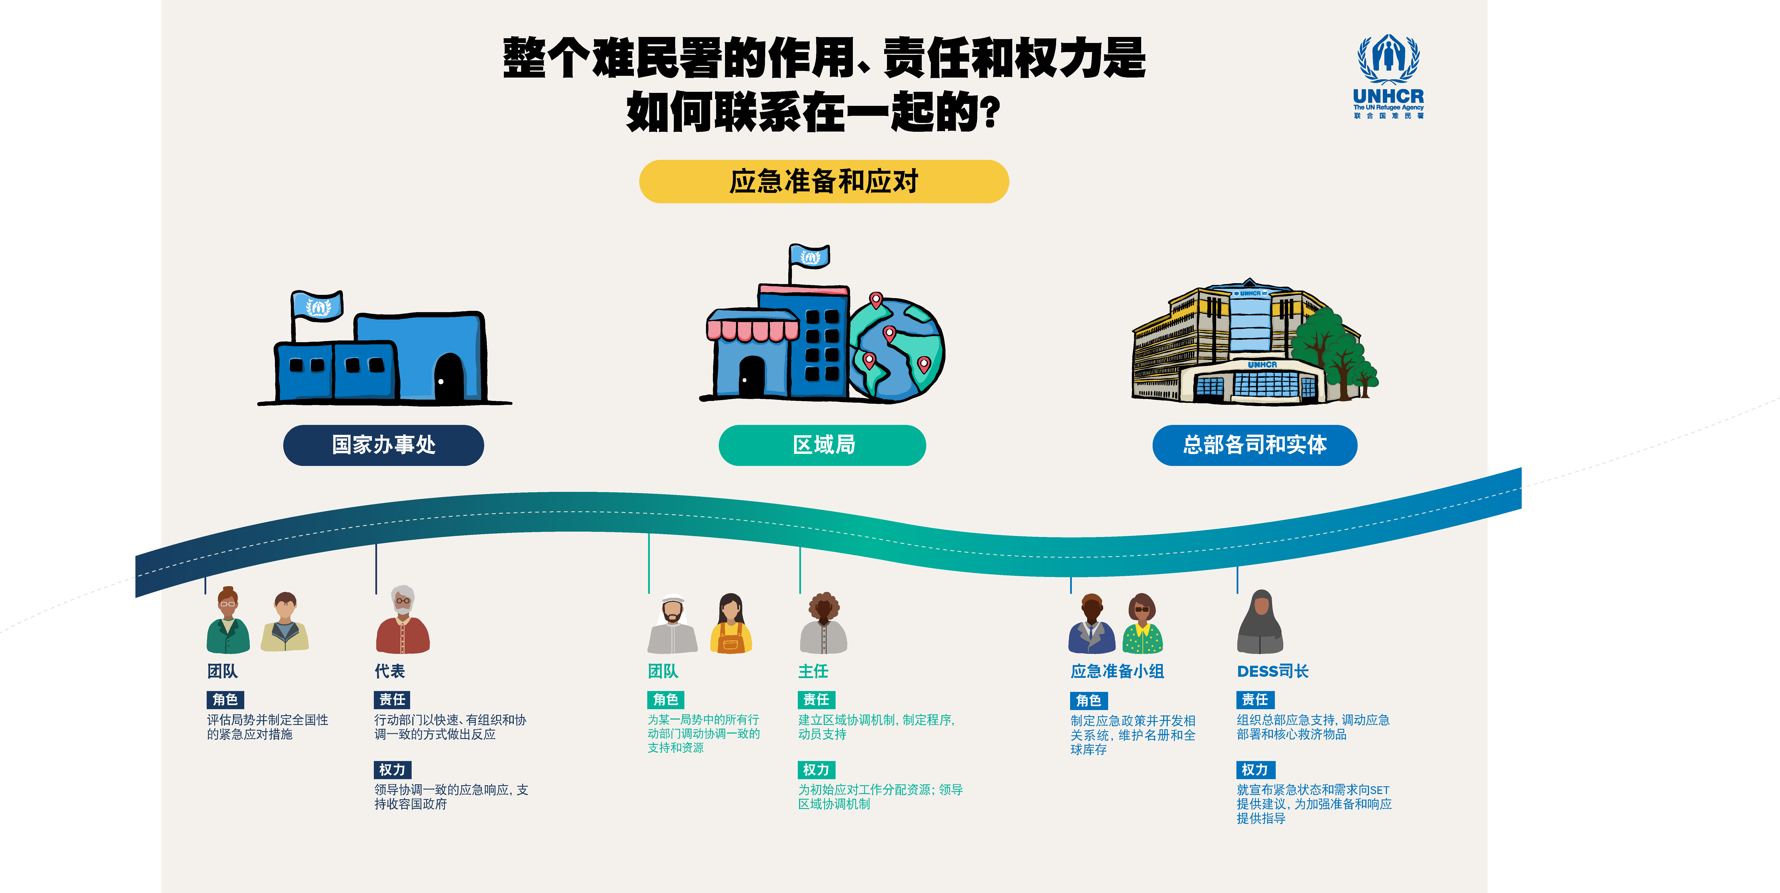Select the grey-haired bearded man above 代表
[403, 621]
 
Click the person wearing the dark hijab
[1260, 622]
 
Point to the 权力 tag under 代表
[392, 769]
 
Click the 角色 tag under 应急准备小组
[1088, 700]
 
